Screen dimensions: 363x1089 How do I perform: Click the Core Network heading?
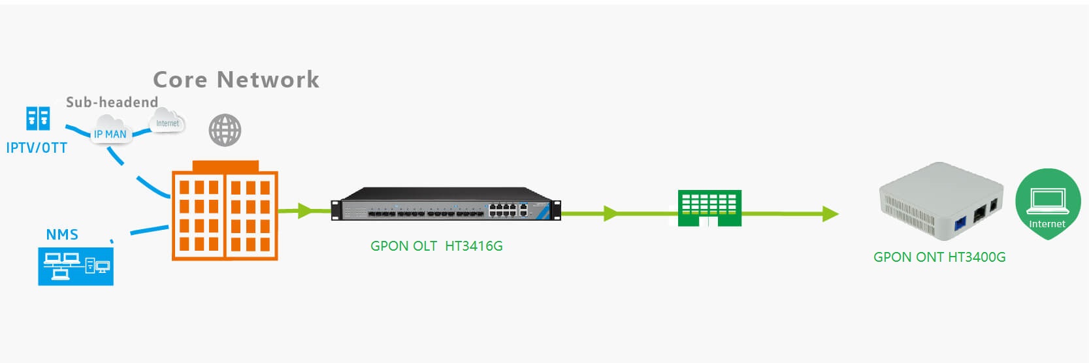236,80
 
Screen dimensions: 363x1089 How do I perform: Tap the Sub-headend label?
112,102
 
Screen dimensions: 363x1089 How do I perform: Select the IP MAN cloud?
110,132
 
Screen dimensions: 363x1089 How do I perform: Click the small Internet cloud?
167,122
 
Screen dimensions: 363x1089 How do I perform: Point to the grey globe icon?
225,130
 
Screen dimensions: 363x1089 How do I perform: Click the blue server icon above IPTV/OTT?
38,119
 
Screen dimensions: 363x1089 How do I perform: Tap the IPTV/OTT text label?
37,148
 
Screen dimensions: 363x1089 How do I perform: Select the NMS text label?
62,234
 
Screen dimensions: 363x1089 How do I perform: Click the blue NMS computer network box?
76,266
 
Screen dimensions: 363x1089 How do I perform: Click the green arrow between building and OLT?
304,210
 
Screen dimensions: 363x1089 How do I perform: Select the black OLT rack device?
446,204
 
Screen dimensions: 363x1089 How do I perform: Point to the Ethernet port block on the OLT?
503,210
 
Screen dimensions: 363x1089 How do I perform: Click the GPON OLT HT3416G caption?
436,246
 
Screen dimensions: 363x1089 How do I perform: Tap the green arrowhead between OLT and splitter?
610,213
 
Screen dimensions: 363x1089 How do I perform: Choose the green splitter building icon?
709,208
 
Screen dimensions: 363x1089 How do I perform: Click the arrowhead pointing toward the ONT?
830,213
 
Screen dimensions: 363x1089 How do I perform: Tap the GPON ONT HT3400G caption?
939,257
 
